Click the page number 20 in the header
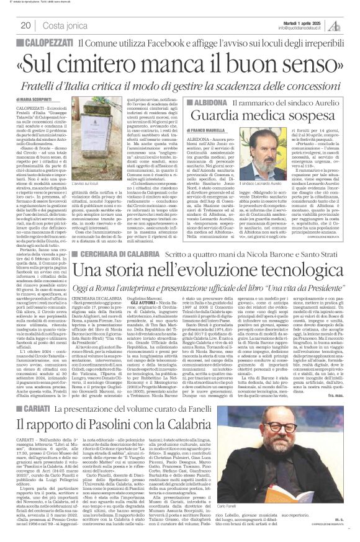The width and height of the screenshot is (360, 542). coord(25,25)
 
